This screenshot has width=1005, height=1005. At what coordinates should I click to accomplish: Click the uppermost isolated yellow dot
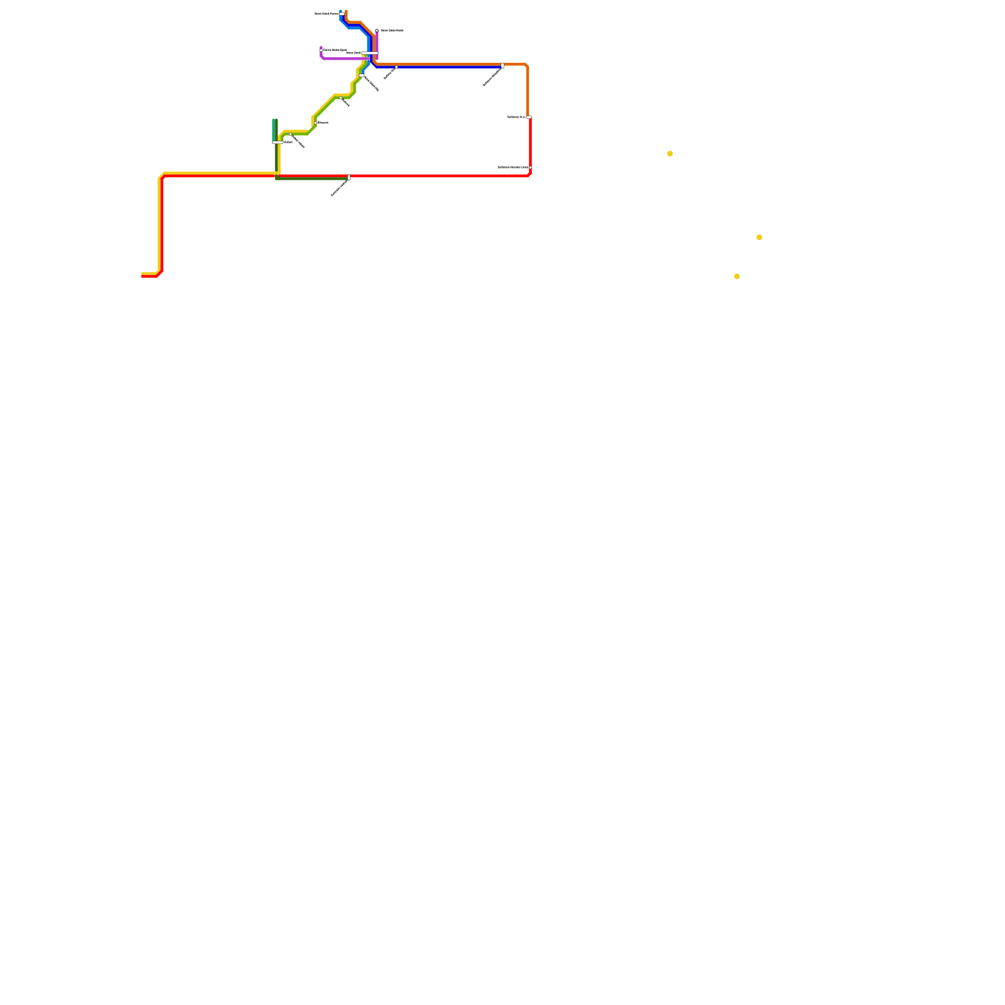(x=670, y=153)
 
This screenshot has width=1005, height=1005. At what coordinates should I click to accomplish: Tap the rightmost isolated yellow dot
(x=759, y=237)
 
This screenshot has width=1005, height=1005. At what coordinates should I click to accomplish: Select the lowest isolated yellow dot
(x=737, y=276)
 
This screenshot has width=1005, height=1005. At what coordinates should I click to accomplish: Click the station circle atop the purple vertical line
(x=377, y=30)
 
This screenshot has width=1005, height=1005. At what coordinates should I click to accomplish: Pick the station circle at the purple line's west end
(x=321, y=50)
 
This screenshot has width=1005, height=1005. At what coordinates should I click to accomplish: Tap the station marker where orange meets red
(x=529, y=117)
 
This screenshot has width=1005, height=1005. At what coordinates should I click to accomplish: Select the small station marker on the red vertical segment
(x=530, y=167)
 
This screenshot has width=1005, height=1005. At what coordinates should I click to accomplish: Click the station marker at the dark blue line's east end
(x=503, y=65)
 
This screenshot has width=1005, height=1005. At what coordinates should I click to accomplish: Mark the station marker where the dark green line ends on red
(x=349, y=177)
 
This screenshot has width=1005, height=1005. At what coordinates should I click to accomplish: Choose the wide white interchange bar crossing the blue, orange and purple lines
(x=370, y=53)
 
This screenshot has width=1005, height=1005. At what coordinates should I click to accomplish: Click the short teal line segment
(x=274, y=129)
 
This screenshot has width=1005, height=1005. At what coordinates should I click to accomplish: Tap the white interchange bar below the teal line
(x=277, y=143)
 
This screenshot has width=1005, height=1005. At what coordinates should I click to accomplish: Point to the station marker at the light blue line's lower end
(x=362, y=75)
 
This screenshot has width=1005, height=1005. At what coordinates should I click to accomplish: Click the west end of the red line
(x=143, y=276)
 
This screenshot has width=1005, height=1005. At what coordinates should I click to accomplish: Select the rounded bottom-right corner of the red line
(x=530, y=175)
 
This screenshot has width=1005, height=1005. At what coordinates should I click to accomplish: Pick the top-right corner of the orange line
(x=526, y=65)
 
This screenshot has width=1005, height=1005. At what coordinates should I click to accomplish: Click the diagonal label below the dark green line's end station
(x=339, y=188)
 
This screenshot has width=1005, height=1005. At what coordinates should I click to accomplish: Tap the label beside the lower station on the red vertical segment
(x=513, y=167)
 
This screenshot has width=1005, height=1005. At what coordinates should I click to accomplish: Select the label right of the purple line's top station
(x=392, y=30)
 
